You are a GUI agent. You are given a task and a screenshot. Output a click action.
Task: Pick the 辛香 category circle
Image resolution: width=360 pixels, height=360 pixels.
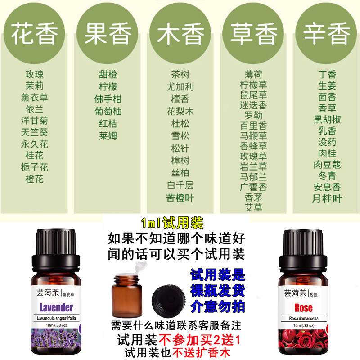coord(327,35)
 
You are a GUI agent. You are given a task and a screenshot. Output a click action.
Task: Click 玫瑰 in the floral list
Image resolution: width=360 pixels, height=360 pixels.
coord(35,74)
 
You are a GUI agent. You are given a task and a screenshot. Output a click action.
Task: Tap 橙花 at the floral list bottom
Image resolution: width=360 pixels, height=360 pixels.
coord(35,179)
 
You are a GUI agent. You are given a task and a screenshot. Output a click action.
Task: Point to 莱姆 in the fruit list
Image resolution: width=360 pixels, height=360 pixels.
coord(108,135)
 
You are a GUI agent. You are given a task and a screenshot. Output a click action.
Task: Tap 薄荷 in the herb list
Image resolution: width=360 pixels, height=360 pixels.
coord(253,74)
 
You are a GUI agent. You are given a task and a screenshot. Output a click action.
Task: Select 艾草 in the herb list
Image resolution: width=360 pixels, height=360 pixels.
coord(253,207)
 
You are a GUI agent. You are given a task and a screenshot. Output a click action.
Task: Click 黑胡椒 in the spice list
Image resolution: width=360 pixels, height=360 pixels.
coord(327,120)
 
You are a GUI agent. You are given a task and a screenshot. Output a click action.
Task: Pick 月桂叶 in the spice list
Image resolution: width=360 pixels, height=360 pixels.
coord(327,198)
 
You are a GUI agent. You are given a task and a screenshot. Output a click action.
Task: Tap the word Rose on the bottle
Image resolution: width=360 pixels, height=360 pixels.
coord(304,308)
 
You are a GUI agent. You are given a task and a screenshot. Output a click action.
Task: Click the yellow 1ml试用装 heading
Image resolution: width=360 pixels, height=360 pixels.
coord(172,223)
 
